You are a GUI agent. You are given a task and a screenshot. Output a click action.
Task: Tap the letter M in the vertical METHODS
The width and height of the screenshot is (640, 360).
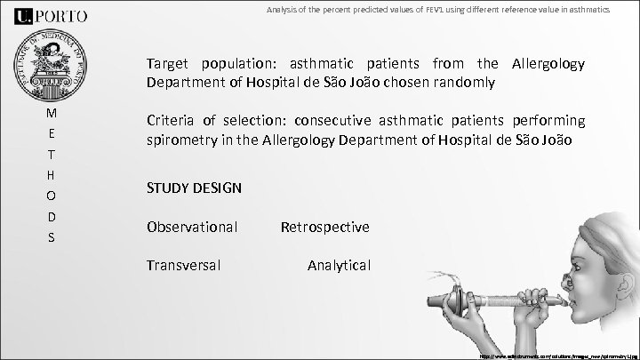(x=52, y=114)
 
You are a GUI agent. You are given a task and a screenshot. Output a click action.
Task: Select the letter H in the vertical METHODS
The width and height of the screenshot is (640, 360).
(x=52, y=176)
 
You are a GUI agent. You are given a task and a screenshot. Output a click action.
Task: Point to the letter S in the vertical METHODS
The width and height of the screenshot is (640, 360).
(x=52, y=238)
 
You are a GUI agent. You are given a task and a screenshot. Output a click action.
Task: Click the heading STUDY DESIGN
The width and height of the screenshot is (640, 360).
(x=195, y=188)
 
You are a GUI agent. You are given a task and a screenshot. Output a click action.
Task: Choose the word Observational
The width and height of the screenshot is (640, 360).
(x=192, y=228)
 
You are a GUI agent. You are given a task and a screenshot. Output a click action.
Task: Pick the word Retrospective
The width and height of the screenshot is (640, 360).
(x=324, y=228)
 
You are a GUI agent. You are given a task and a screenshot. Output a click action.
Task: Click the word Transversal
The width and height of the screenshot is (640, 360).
(x=184, y=265)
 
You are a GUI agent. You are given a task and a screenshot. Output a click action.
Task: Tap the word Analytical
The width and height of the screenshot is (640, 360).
(x=339, y=265)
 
